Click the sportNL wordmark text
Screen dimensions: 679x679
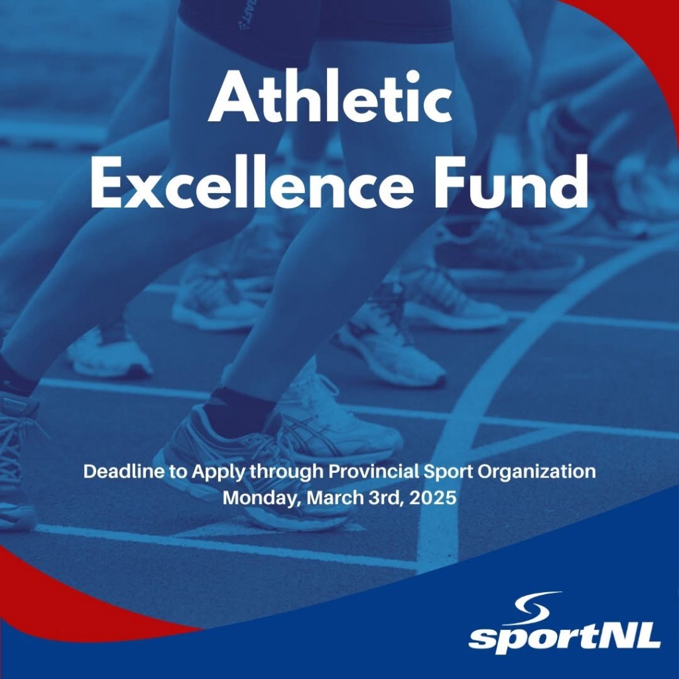[x=564, y=636]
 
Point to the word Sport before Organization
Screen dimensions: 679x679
[x=452, y=473]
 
